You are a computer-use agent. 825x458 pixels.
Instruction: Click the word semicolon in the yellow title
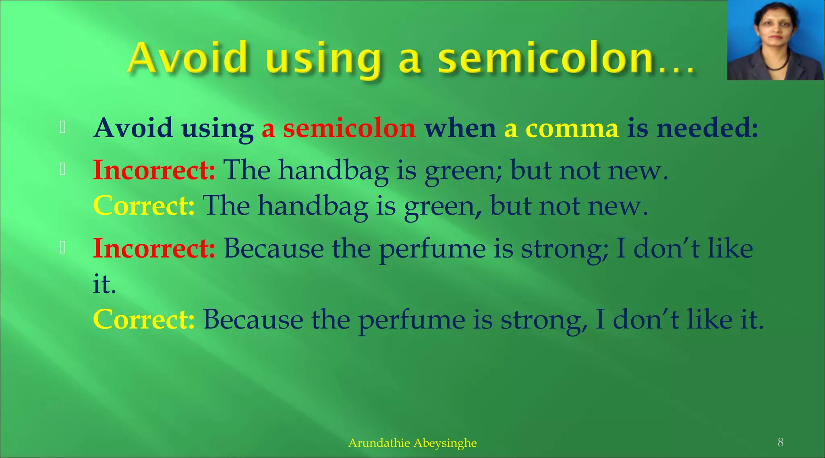tap(546, 59)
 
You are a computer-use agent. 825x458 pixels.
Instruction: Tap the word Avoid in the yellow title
tap(188, 58)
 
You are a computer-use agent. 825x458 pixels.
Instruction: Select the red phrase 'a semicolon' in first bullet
tap(338, 129)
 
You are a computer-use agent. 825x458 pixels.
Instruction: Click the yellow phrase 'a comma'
tap(561, 129)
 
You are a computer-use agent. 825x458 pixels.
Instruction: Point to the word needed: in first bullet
tap(707, 129)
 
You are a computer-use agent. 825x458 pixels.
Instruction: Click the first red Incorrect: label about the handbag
tap(154, 170)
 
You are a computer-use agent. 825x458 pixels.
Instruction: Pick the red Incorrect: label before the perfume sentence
tap(154, 248)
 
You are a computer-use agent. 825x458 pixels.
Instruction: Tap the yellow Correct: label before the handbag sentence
tap(144, 206)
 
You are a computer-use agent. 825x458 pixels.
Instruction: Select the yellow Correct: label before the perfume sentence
tap(144, 320)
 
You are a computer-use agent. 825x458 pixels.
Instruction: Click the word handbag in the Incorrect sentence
tap(334, 170)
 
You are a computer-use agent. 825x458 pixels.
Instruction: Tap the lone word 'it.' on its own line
tap(104, 284)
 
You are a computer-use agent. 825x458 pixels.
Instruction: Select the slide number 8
tap(780, 442)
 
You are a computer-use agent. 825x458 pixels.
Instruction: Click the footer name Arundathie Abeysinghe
tap(412, 443)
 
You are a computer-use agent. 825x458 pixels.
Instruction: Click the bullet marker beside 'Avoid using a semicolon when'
tap(62, 127)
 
